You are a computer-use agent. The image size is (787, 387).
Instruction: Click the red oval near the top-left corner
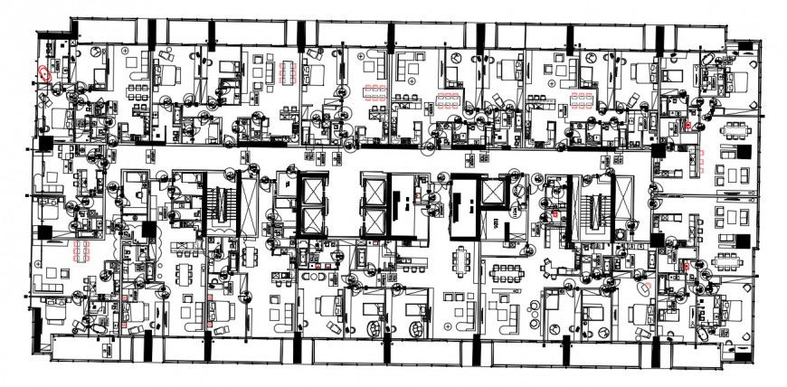click(44, 73)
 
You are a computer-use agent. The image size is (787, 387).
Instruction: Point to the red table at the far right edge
click(703, 163)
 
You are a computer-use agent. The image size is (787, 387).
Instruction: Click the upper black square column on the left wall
click(43, 145)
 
